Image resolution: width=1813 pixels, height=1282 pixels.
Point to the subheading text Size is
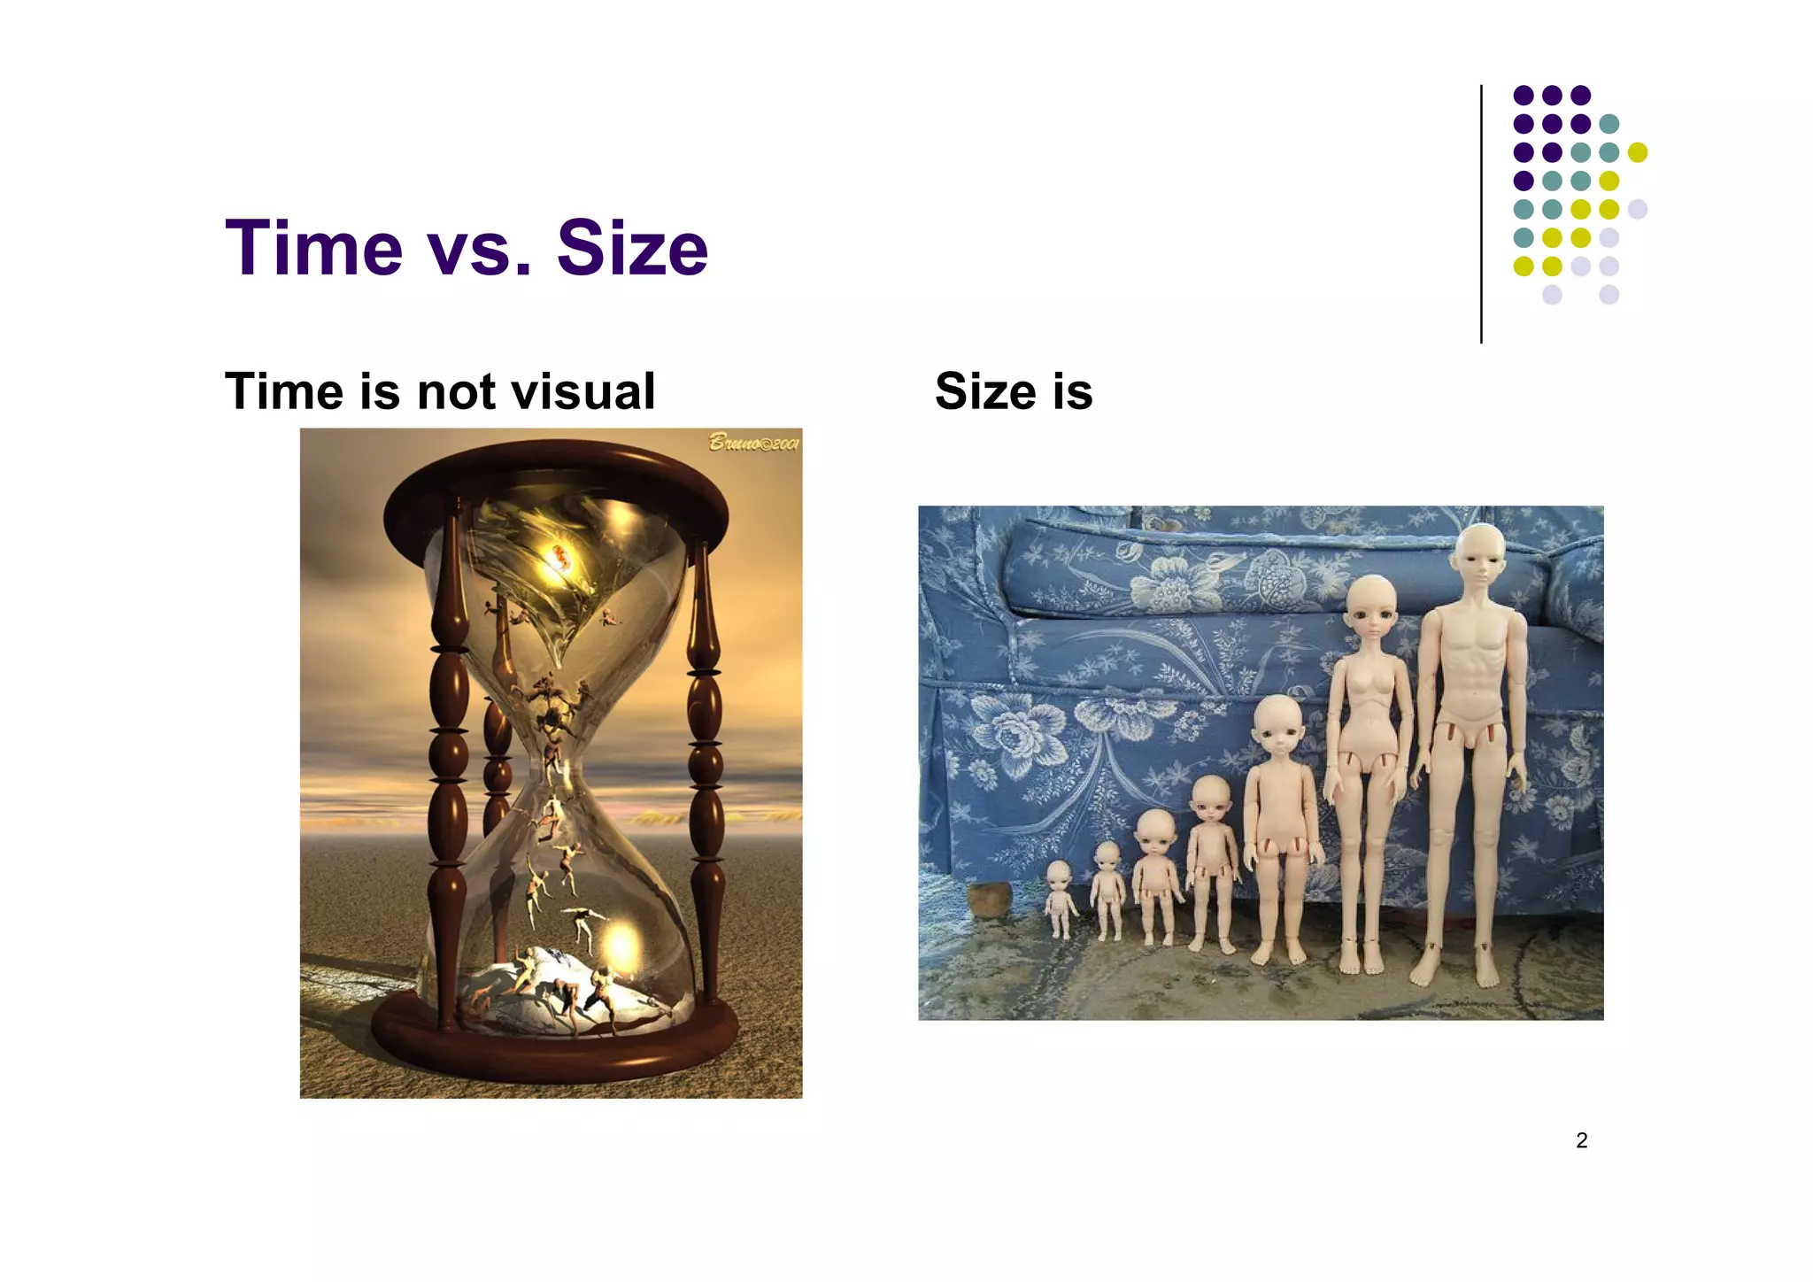[x=1014, y=391]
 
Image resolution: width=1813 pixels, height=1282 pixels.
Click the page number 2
[x=1581, y=1140]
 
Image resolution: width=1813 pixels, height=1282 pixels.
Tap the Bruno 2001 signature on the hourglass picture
[x=753, y=443]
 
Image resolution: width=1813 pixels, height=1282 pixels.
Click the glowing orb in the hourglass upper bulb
[x=560, y=558]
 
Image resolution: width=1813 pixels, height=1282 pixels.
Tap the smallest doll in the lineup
[x=1060, y=899]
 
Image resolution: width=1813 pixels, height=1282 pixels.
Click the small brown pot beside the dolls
[x=989, y=900]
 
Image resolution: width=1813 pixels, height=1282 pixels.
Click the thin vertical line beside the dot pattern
[x=1481, y=212]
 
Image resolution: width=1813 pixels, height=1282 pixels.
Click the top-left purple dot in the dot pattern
[x=1524, y=95]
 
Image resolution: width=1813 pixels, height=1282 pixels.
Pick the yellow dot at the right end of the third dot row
[x=1638, y=152]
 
